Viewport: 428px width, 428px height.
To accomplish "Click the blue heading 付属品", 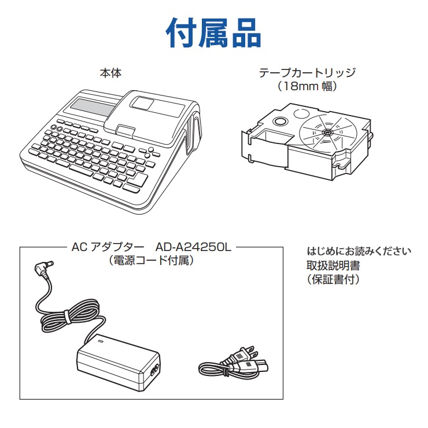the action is point(213,33).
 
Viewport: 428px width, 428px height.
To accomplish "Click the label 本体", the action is point(110,73).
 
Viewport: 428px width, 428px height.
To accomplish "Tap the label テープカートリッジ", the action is point(307,73).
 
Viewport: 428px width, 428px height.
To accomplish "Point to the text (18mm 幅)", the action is point(307,86).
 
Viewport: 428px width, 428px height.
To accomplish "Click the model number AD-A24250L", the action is point(193,248).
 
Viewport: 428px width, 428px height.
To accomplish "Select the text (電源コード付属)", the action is point(151,260).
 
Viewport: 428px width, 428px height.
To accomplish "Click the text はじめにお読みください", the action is point(359,251).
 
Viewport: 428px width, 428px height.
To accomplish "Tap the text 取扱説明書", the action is point(333,265).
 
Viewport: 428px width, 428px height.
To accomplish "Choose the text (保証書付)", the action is point(333,279).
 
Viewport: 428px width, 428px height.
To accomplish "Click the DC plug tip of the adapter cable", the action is point(50,263).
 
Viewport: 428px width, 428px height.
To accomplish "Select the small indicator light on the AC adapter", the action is point(100,341).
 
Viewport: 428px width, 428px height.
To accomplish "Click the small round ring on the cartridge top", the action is point(280,121).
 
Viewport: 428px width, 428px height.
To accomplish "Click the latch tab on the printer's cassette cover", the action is point(125,130).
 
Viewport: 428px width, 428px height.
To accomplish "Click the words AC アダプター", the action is point(108,248).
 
